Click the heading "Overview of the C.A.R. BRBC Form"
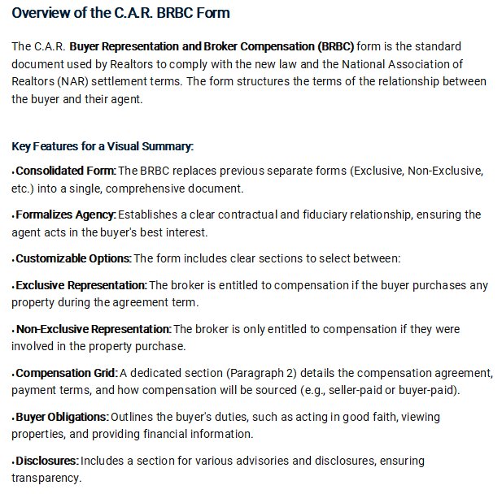point(121,13)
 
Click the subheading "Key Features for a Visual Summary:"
point(103,146)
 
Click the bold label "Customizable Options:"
point(73,258)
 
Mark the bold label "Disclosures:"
point(47,461)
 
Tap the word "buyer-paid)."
point(429,390)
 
